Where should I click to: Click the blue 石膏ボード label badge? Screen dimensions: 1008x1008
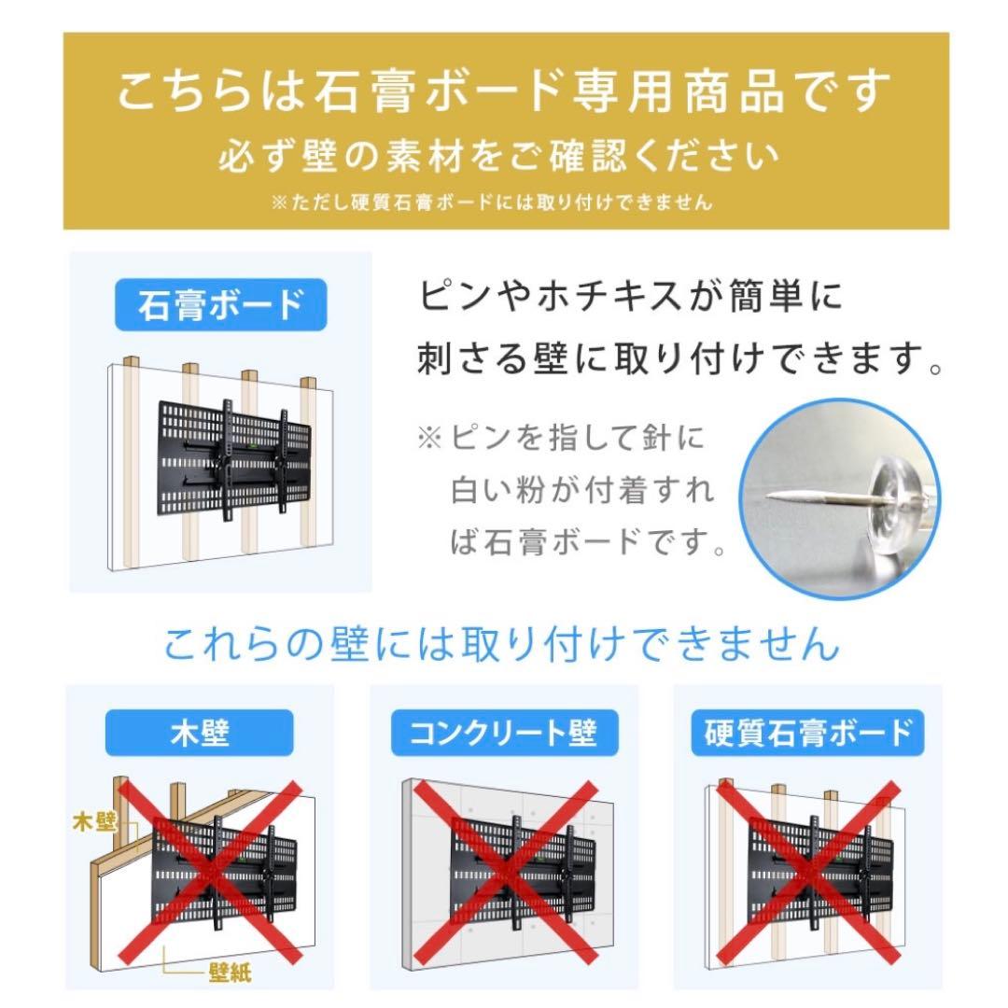(220, 304)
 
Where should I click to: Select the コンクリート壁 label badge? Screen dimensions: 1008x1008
(503, 733)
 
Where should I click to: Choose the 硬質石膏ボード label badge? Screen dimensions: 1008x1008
(805, 733)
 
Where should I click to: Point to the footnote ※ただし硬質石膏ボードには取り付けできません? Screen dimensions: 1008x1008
(492, 202)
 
